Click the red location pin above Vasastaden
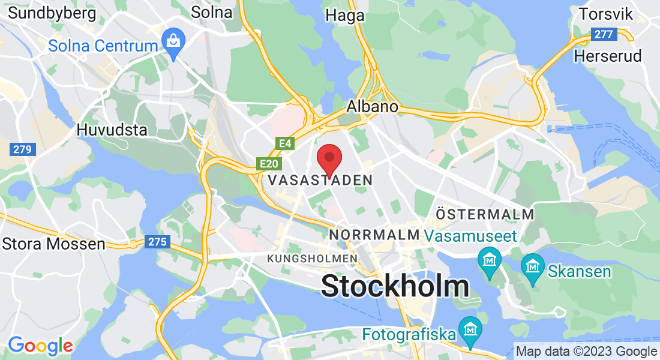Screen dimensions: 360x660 pyautogui.click(x=329, y=158)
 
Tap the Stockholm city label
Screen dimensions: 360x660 pyautogui.click(x=395, y=286)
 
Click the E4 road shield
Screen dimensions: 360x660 pyautogui.click(x=284, y=143)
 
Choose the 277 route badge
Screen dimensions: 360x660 pyautogui.click(x=603, y=34)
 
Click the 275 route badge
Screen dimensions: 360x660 pyautogui.click(x=157, y=242)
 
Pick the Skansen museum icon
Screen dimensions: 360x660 pyautogui.click(x=532, y=265)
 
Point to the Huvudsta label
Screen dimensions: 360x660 pyautogui.click(x=112, y=130)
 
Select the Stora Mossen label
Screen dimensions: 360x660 pyautogui.click(x=54, y=244)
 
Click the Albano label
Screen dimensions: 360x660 pyautogui.click(x=373, y=107)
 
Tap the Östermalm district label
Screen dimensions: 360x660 pyautogui.click(x=485, y=214)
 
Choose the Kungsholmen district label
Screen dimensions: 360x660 pyautogui.click(x=312, y=258)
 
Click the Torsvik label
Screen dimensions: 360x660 pyautogui.click(x=605, y=14)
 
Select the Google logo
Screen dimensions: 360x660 pyautogui.click(x=40, y=345)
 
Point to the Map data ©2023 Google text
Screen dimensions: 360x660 pyautogui.click(x=586, y=352)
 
